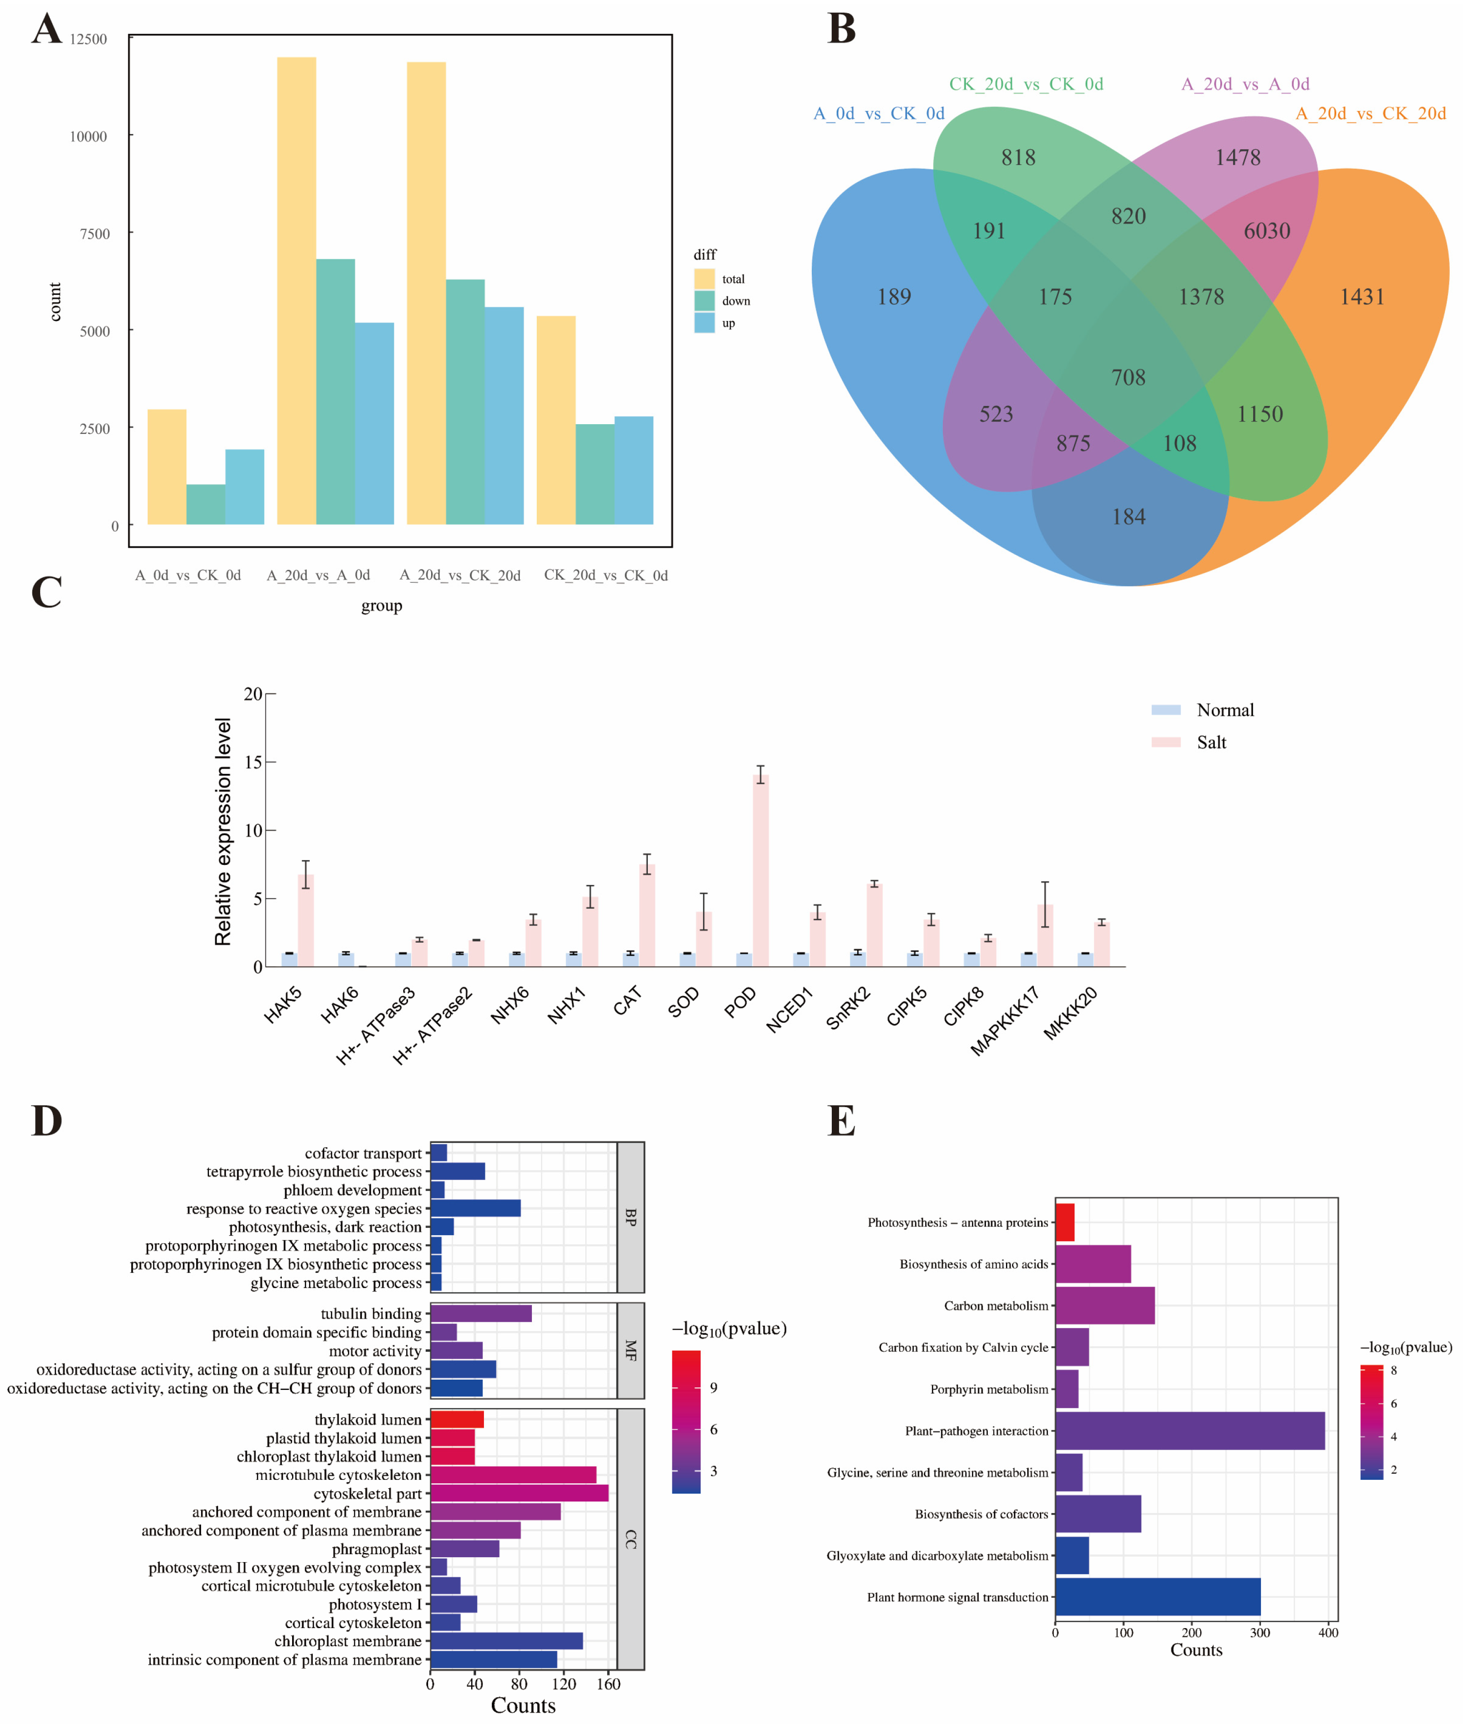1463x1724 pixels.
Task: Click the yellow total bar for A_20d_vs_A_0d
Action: point(296,290)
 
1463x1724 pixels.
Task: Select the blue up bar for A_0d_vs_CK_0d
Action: point(245,487)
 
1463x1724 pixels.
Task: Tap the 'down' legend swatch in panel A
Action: point(704,300)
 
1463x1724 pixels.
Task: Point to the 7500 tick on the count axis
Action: point(94,234)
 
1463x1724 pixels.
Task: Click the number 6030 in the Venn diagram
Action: point(1266,230)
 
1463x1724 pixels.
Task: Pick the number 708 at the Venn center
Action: point(1128,377)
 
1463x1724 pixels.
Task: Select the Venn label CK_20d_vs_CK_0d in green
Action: point(1026,84)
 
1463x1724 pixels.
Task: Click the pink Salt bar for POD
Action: point(760,871)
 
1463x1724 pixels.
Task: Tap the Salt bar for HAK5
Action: point(306,921)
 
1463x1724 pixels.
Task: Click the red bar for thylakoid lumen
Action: point(456,1420)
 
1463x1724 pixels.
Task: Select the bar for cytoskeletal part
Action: point(518,1494)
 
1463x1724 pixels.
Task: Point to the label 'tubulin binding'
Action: point(371,1314)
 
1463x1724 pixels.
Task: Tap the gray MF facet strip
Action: point(630,1350)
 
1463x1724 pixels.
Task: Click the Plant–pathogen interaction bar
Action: point(1189,1430)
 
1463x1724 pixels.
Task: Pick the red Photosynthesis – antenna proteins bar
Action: point(1065,1222)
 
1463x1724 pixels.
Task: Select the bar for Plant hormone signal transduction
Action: point(1158,1597)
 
